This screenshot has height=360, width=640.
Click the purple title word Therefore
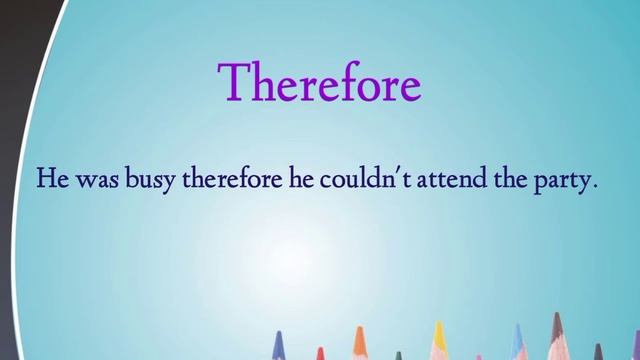pos(320,83)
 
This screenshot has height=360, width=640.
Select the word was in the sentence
pos(94,182)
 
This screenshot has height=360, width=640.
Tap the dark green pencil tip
pos(397,355)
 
